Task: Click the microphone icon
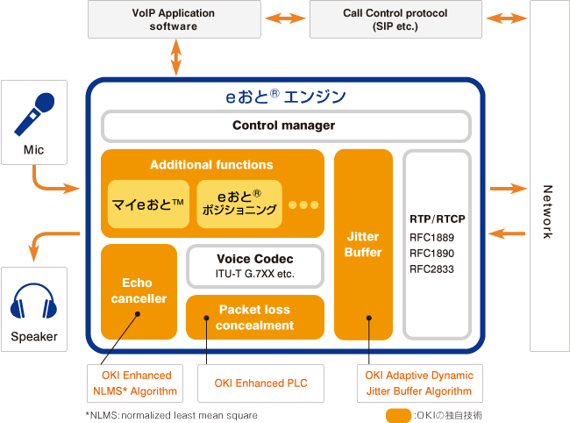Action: [34, 114]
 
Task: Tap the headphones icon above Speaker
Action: [34, 301]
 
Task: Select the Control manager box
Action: [286, 125]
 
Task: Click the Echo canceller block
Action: [139, 291]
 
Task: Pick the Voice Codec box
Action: [255, 266]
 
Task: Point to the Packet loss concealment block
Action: [255, 317]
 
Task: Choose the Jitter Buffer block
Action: [363, 245]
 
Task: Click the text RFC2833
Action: [431, 269]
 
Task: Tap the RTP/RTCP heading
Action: [438, 219]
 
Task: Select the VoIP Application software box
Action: [175, 19]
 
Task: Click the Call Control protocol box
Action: [395, 19]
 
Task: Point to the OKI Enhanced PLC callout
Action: [260, 384]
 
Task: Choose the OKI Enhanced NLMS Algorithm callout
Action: [135, 384]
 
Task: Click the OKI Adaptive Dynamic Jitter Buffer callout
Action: [420, 384]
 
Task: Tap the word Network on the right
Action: [547, 211]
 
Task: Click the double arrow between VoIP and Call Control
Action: [285, 18]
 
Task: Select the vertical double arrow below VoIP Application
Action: [176, 57]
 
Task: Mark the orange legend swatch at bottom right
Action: [398, 415]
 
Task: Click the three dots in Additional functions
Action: [303, 204]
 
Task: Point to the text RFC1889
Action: [431, 238]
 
